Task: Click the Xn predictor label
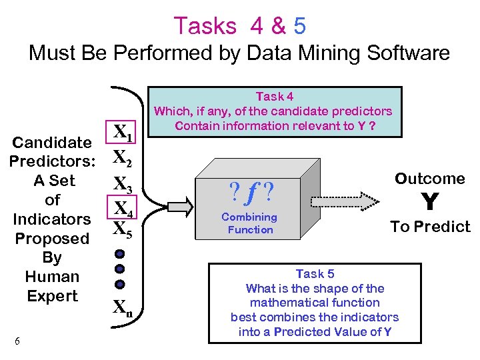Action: [121, 307]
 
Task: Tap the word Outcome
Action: [430, 179]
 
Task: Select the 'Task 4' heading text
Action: [274, 97]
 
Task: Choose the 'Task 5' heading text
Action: [315, 274]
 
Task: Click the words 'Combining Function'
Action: [250, 223]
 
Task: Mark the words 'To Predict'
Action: [430, 227]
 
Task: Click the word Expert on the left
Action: [52, 296]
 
